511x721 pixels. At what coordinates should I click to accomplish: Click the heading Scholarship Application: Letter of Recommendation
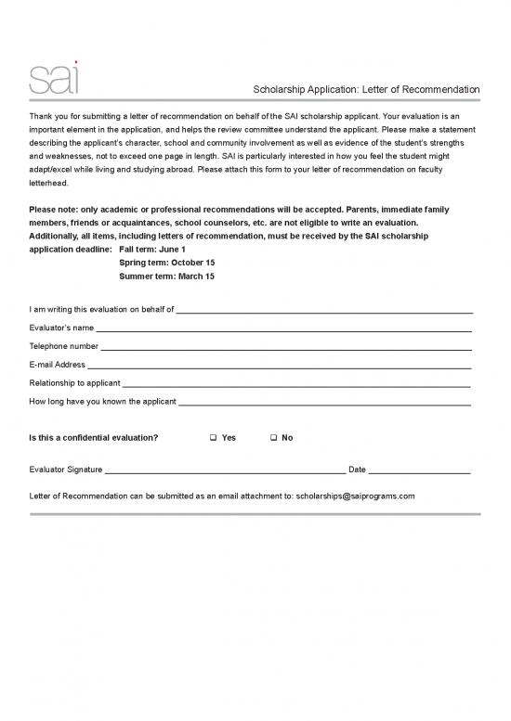point(367,89)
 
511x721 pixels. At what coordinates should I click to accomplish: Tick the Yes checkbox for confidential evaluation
point(214,437)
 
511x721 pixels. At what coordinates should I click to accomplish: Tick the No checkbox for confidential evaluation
point(273,437)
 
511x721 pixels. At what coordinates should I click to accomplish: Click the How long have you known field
point(324,403)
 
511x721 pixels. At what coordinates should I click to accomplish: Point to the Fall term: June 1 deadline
point(152,250)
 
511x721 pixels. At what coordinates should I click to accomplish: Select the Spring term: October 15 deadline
point(167,263)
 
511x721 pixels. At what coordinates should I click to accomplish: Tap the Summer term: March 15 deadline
point(167,277)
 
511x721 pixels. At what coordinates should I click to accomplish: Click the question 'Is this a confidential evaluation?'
point(94,437)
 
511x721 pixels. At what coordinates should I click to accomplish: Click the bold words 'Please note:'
point(55,210)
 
